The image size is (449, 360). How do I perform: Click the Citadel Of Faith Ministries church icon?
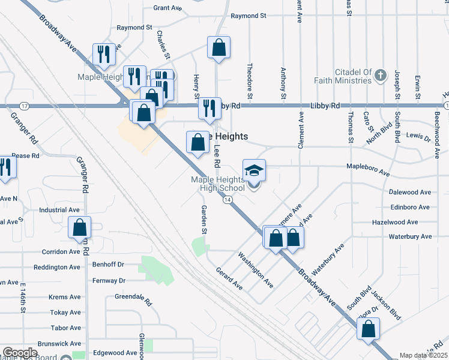point(380,76)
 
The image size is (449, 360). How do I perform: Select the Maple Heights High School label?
point(218,184)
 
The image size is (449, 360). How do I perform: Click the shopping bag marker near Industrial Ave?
point(79,228)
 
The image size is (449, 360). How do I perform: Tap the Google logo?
point(20,353)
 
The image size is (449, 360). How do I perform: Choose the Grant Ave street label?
point(167,8)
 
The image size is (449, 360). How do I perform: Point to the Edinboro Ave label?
point(409,207)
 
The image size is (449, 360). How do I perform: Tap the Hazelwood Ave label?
point(410,222)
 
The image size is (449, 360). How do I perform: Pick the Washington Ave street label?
point(256,269)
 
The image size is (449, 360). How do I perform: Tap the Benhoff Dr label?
point(108,263)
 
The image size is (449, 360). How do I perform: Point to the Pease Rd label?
point(25,155)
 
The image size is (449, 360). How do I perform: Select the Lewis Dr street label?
point(419,138)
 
